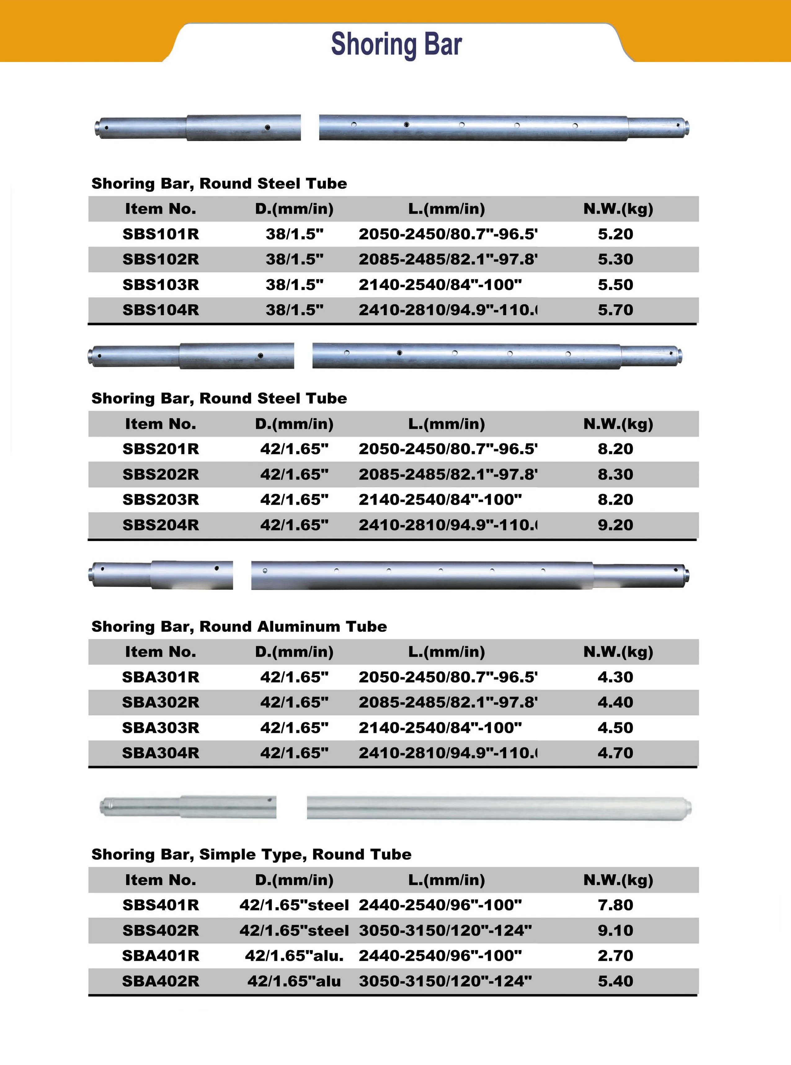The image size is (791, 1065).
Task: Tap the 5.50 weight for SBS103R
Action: pyautogui.click(x=615, y=285)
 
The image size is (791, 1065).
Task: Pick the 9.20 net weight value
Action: pyautogui.click(x=615, y=525)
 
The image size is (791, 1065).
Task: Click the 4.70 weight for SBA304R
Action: pyautogui.click(x=615, y=753)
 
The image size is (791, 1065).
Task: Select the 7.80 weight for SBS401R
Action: pyautogui.click(x=615, y=905)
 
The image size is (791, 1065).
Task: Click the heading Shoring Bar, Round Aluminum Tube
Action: pyautogui.click(x=239, y=626)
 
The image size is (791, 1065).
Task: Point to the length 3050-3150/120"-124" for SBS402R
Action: pyautogui.click(x=445, y=930)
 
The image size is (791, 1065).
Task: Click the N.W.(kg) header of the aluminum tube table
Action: pyautogui.click(x=618, y=652)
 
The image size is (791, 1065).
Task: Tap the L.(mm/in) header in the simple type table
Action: pyautogui.click(x=446, y=880)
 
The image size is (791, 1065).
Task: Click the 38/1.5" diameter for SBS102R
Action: pyautogui.click(x=295, y=259)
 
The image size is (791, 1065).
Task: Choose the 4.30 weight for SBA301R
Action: pyautogui.click(x=615, y=677)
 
